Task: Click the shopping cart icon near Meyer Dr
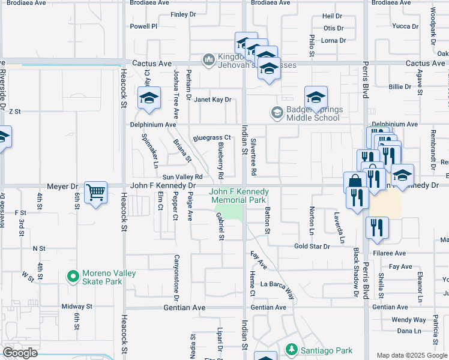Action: pyautogui.click(x=95, y=193)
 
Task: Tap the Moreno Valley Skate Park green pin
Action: pyautogui.click(x=73, y=277)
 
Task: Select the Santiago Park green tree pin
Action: pyautogui.click(x=291, y=349)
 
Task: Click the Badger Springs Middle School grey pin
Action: pyautogui.click(x=277, y=112)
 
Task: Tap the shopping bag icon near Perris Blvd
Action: pyautogui.click(x=355, y=182)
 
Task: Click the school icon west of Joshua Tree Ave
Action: pyautogui.click(x=149, y=98)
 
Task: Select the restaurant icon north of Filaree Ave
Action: pyautogui.click(x=377, y=227)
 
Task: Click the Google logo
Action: pyautogui.click(x=20, y=353)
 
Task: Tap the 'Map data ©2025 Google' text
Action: pyautogui.click(x=412, y=355)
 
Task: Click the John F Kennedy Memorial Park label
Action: pyautogui.click(x=238, y=196)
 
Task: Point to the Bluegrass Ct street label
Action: pyautogui.click(x=212, y=138)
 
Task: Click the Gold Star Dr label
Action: pyautogui.click(x=312, y=247)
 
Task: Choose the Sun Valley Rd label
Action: pyautogui.click(x=182, y=177)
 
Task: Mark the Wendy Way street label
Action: pyautogui.click(x=408, y=320)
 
